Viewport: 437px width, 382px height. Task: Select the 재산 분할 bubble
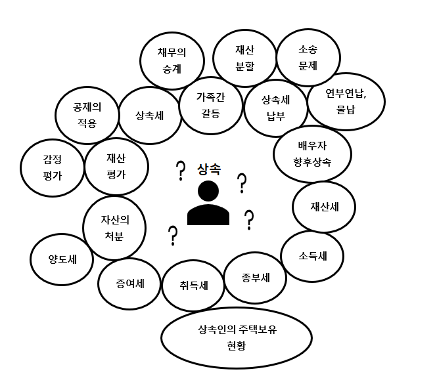244,57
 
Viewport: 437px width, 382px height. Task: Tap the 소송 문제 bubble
308,57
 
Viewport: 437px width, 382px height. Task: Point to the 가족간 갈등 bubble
210,104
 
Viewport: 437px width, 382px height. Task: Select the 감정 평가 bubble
51,166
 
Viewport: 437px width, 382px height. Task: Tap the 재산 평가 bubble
116,165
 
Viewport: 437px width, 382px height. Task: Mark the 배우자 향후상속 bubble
312,153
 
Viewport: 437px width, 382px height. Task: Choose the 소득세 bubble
312,256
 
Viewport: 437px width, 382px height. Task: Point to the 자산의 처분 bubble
114,227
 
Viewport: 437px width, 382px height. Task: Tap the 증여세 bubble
129,284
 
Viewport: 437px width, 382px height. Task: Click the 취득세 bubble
193,286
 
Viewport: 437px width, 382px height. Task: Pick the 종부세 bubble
256,278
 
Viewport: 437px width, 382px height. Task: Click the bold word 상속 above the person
208,169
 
